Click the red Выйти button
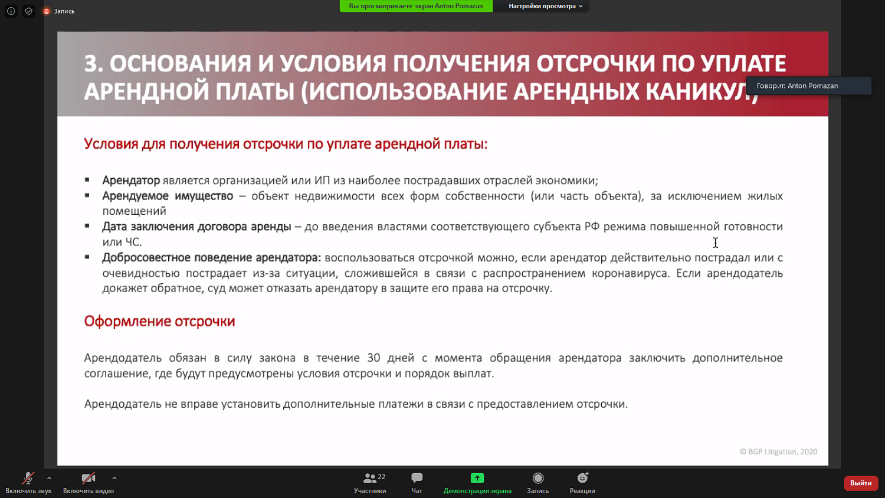(x=861, y=483)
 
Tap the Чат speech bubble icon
(x=417, y=478)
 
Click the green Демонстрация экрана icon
(x=477, y=478)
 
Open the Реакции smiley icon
(x=582, y=478)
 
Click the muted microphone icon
(x=28, y=478)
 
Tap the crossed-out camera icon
(x=88, y=478)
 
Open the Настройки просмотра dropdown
(x=545, y=6)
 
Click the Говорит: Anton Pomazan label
(x=797, y=86)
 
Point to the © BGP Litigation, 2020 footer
(x=778, y=452)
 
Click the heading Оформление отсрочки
(x=159, y=322)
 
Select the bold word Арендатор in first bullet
(x=131, y=181)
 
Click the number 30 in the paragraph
(x=373, y=358)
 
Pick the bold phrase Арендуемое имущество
(x=168, y=196)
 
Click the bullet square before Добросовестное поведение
(x=87, y=257)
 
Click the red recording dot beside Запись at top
(x=47, y=11)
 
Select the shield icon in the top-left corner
(x=29, y=11)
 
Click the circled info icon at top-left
(x=11, y=11)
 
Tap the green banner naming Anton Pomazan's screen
(x=416, y=6)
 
